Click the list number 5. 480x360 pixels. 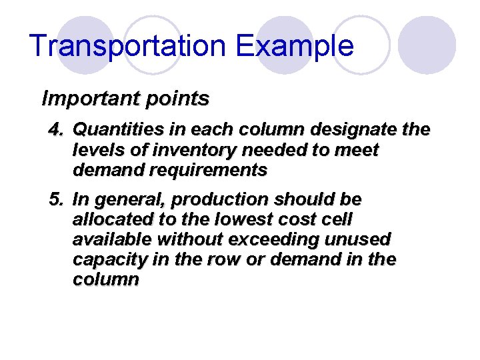(55, 199)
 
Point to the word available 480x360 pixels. (110, 239)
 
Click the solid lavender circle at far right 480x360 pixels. (427, 45)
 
